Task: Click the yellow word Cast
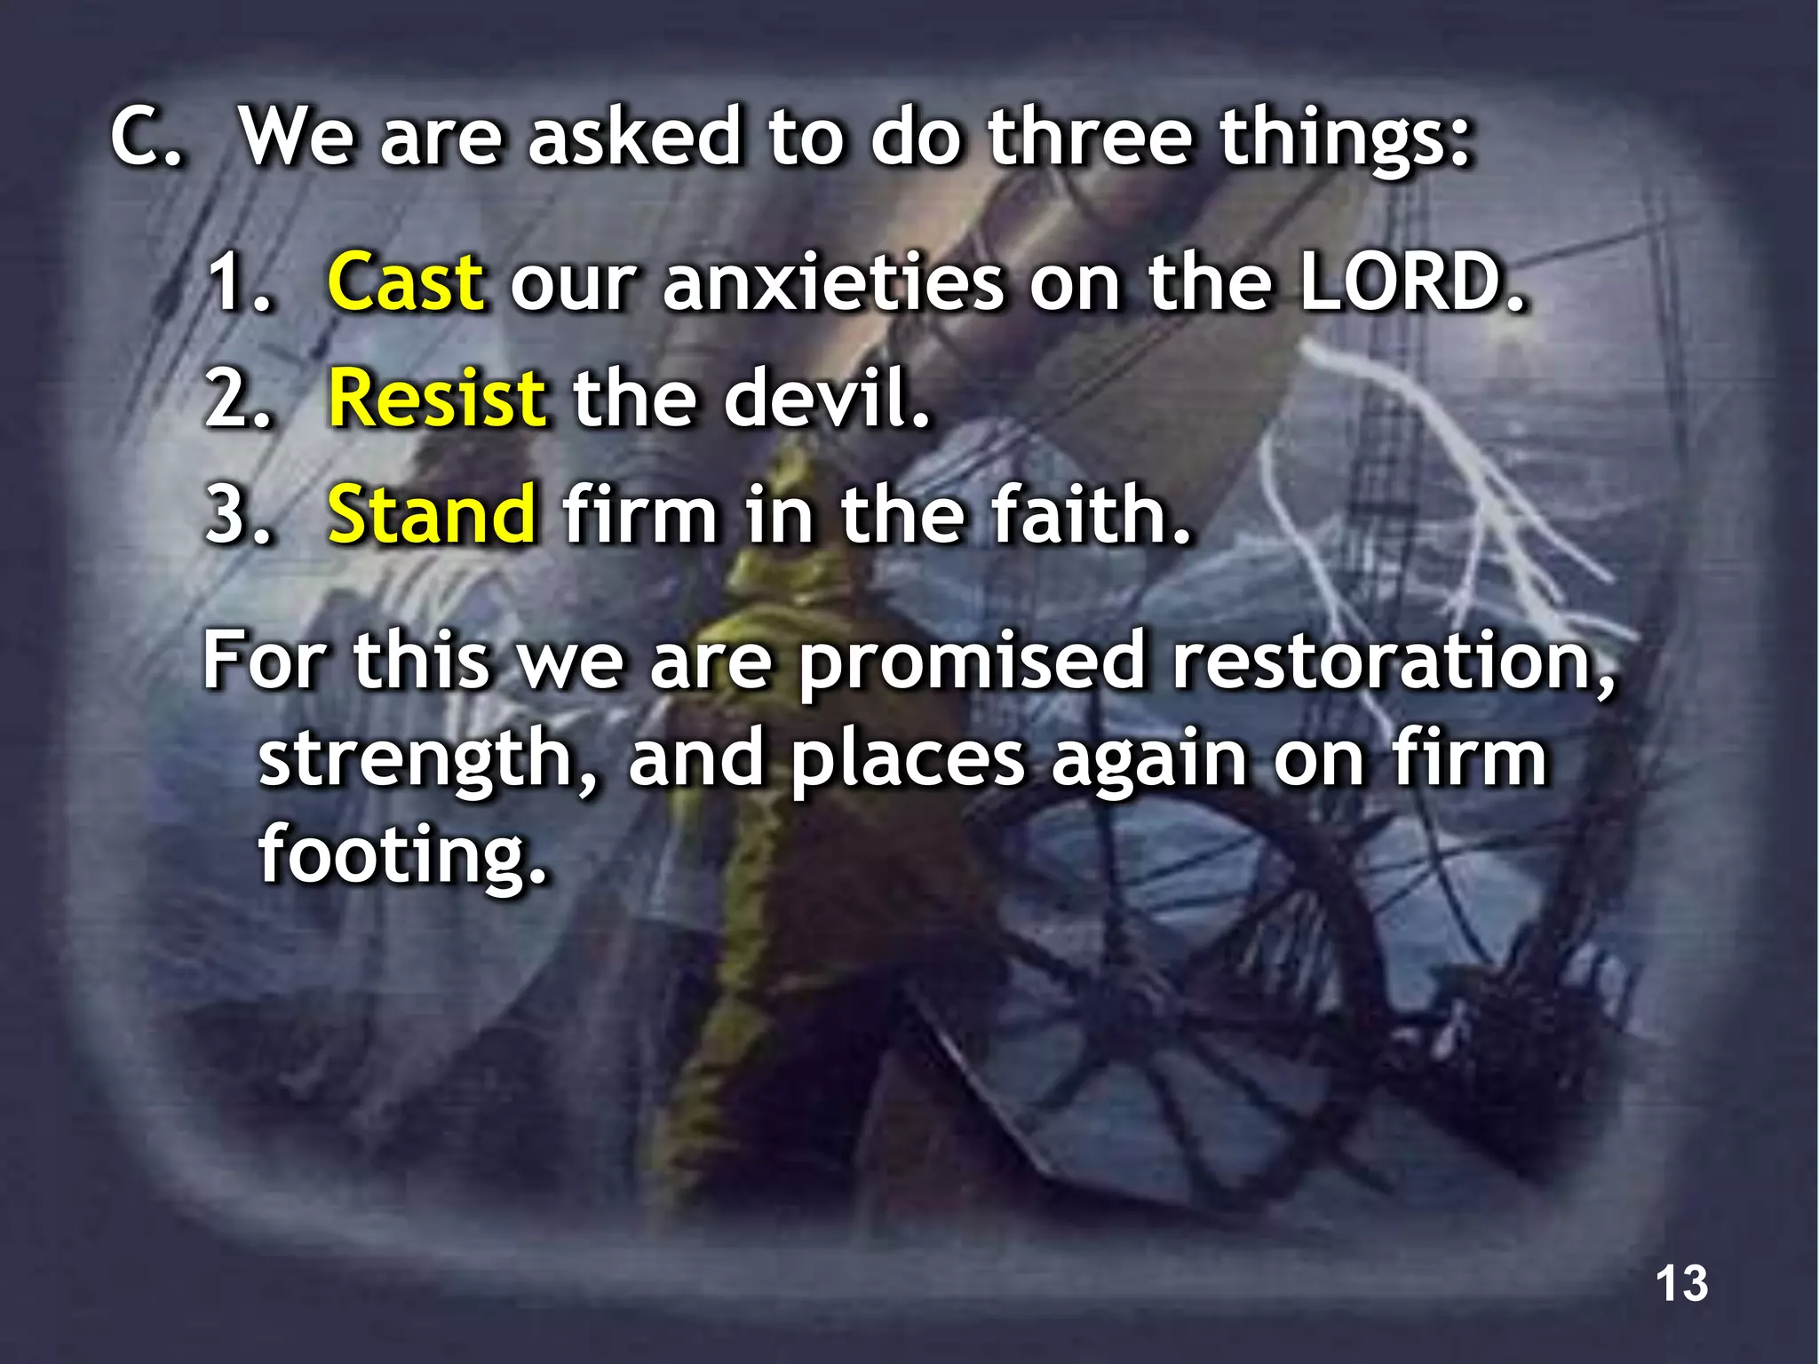pos(406,282)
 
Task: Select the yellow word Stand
pos(432,514)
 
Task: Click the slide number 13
pos(1681,1283)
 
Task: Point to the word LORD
pos(1412,282)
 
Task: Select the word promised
pos(972,662)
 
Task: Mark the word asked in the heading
pos(634,138)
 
